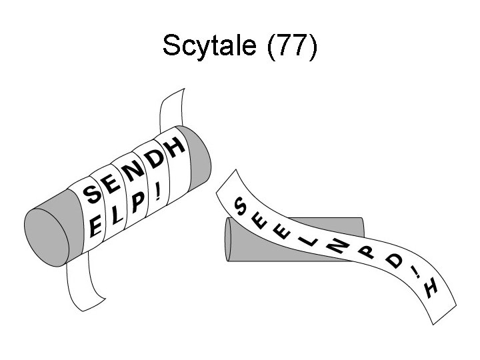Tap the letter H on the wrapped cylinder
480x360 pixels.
[175, 147]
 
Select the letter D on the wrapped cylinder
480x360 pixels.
[155, 160]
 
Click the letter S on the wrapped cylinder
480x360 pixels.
[92, 195]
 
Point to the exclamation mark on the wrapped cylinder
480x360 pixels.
[157, 193]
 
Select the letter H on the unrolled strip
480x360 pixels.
[431, 288]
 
